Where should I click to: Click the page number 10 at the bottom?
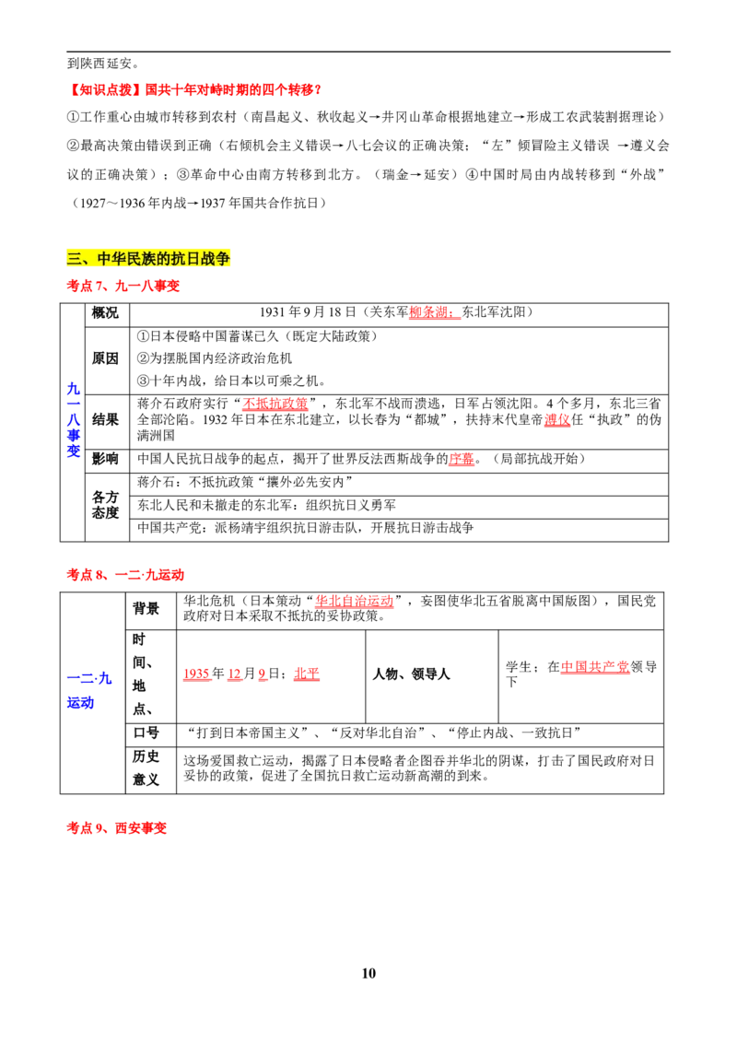click(x=368, y=973)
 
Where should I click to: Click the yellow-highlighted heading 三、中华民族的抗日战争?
click(x=148, y=258)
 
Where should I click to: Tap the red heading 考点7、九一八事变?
click(x=123, y=286)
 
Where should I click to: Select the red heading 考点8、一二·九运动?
click(x=125, y=575)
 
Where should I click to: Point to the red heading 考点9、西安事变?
click(x=116, y=828)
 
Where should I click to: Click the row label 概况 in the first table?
click(x=105, y=312)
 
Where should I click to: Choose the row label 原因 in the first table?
click(x=105, y=358)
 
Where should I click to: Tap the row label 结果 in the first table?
click(x=105, y=420)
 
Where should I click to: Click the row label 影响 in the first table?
click(x=105, y=459)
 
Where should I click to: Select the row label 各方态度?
click(x=105, y=505)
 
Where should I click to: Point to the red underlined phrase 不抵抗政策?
click(x=275, y=404)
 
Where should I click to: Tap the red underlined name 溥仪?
click(x=557, y=420)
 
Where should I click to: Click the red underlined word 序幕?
click(x=462, y=459)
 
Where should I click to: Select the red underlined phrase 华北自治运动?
click(x=355, y=601)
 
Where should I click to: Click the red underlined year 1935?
click(x=196, y=674)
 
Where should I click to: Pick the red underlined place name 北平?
click(x=307, y=674)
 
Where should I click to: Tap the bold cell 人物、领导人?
click(x=411, y=674)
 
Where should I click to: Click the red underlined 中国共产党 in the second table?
click(x=594, y=666)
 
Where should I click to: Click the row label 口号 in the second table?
click(x=146, y=733)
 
